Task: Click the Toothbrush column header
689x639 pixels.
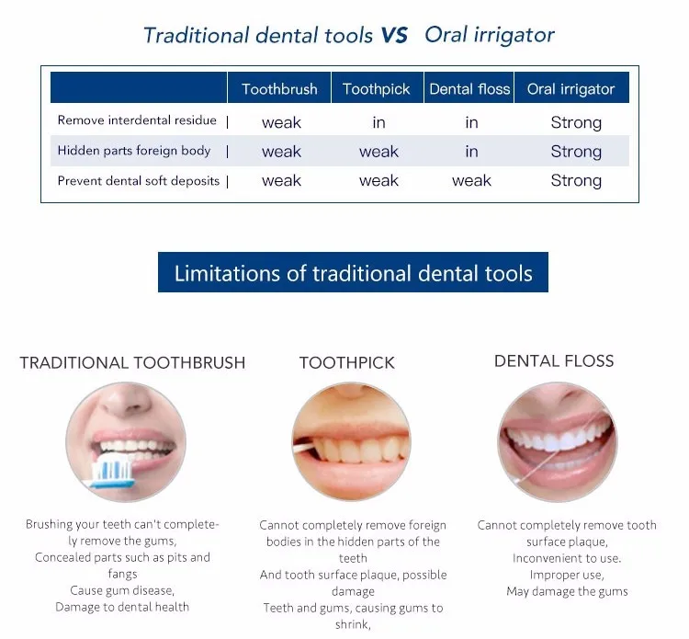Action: [279, 89]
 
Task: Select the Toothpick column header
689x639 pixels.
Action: [376, 89]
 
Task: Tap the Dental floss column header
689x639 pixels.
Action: [469, 89]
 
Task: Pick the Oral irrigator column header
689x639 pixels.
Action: [570, 89]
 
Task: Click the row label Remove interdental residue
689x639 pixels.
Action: [137, 120]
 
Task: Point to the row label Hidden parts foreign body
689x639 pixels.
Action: [134, 151]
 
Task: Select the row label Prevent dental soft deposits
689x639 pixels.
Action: [139, 181]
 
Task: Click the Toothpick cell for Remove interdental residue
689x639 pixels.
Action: [378, 122]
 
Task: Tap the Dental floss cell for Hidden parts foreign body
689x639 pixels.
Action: [471, 152]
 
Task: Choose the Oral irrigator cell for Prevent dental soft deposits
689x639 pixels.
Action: [576, 181]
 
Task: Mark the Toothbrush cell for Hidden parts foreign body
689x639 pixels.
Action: [281, 152]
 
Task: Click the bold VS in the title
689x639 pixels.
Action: [394, 35]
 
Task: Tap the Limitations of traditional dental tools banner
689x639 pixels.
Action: [353, 272]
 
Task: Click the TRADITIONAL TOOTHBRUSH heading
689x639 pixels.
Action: [132, 363]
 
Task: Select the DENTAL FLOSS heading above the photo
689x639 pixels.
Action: [554, 361]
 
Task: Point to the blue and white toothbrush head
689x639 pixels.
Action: [113, 472]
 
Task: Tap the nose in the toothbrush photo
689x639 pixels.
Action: [128, 401]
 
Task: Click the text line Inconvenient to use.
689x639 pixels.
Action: [567, 558]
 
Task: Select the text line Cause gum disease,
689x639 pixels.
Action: [122, 590]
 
